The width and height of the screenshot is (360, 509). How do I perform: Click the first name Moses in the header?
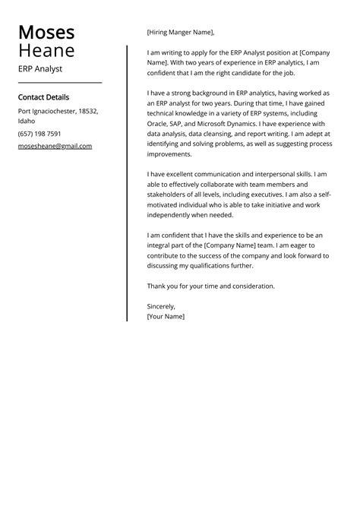46,32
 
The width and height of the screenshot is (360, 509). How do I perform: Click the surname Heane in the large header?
46,51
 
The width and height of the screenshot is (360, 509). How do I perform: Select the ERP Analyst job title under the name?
40,69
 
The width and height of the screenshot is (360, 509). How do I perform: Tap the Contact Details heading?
43,97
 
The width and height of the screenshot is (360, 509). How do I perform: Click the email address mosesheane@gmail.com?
55,146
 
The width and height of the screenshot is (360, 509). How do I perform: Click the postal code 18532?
88,111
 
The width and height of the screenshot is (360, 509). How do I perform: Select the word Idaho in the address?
27,121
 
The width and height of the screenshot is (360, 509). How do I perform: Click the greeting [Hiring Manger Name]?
180,32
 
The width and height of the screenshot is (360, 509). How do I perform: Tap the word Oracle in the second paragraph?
158,124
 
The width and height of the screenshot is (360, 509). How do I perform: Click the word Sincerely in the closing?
161,306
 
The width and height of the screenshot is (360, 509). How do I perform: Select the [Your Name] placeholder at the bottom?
166,316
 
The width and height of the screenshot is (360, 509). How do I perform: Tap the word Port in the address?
25,111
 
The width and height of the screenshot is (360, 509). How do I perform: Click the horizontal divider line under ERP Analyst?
59,82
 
